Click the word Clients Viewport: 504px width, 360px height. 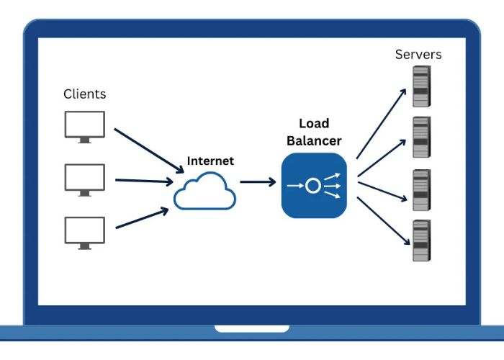pyautogui.click(x=84, y=94)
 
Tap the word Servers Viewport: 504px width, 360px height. pyautogui.click(x=418, y=55)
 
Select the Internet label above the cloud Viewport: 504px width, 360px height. pyautogui.click(x=210, y=161)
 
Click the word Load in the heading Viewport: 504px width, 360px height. pyautogui.click(x=314, y=124)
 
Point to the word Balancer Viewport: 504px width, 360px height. pyautogui.click(x=314, y=140)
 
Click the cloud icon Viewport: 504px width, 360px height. pyautogui.click(x=205, y=191)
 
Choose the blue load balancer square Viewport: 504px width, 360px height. pyautogui.click(x=314, y=186)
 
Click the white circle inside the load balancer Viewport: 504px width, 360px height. pyautogui.click(x=312, y=186)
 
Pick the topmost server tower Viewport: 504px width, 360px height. pyautogui.click(x=421, y=86)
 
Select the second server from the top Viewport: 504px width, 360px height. pyautogui.click(x=421, y=137)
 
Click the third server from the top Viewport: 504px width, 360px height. pyautogui.click(x=421, y=190)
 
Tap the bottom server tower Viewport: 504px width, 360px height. pyautogui.click(x=421, y=240)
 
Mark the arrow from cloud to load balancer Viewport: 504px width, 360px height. pyautogui.click(x=258, y=182)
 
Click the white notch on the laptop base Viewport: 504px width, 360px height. pyautogui.click(x=251, y=329)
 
